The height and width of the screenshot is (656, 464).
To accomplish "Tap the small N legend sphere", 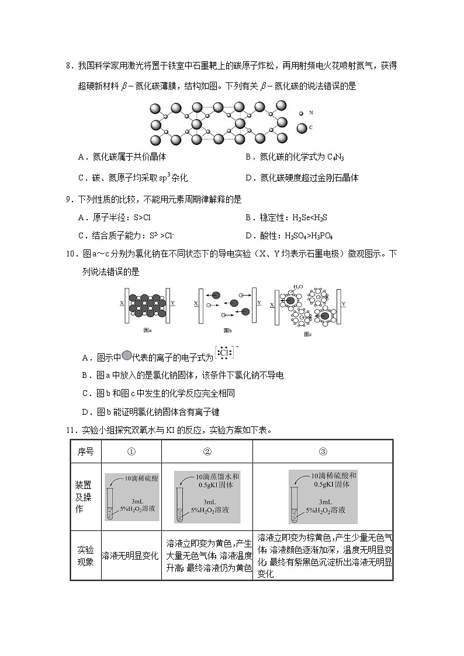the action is coord(302,113).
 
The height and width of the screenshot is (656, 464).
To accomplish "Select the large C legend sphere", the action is coord(302,127).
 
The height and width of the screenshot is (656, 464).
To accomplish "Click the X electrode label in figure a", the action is coord(121,303).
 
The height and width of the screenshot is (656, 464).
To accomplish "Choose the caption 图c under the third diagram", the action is coord(308,334).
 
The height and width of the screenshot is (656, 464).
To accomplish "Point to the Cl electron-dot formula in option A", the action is coord(225,353).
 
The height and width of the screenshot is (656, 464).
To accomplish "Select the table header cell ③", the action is coord(323,452).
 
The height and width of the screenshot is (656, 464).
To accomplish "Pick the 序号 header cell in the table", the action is coord(86,452).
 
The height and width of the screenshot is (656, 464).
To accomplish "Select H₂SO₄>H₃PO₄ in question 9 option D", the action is coord(309,235).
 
